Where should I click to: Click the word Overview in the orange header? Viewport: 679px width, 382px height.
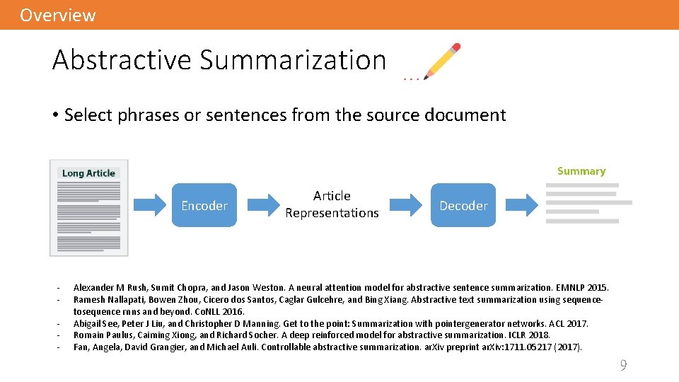(x=57, y=15)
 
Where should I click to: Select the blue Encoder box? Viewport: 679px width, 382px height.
(x=204, y=205)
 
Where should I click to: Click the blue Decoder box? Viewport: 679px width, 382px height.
(x=463, y=205)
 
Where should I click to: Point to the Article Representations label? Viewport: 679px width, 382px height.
(x=332, y=204)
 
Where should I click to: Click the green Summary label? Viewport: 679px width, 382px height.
(x=581, y=171)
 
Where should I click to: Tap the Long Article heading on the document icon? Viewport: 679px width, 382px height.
(x=88, y=173)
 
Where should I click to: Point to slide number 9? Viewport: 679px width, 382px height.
(x=623, y=366)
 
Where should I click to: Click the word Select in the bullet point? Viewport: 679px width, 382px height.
(x=87, y=115)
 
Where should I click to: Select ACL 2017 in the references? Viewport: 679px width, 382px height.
(x=569, y=324)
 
